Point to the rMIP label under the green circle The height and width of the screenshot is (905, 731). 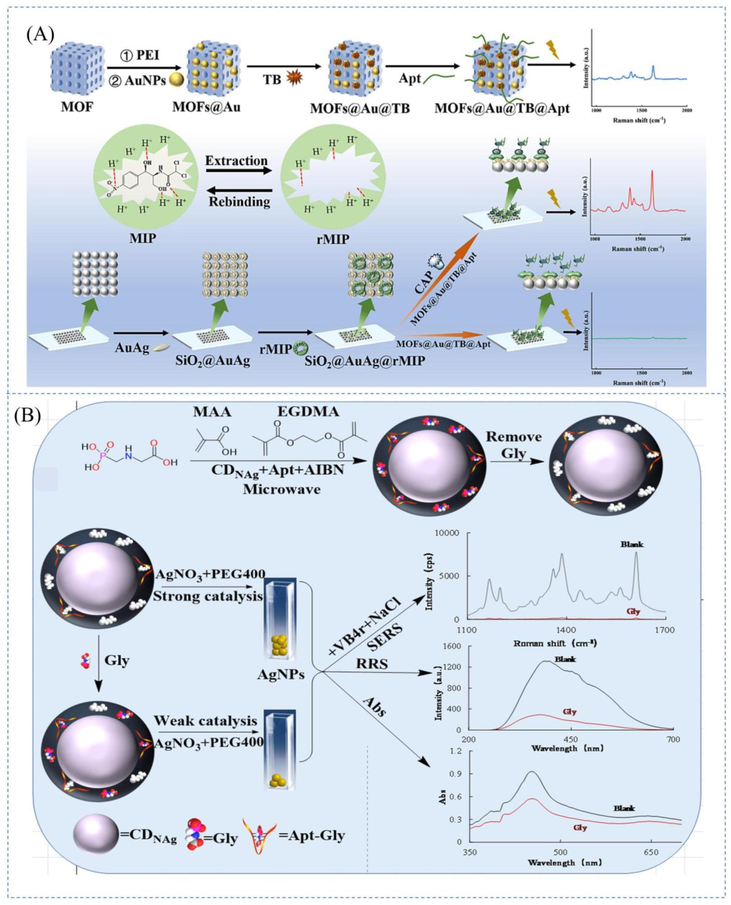[333, 239]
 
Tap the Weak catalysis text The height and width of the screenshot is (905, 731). [206, 721]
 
